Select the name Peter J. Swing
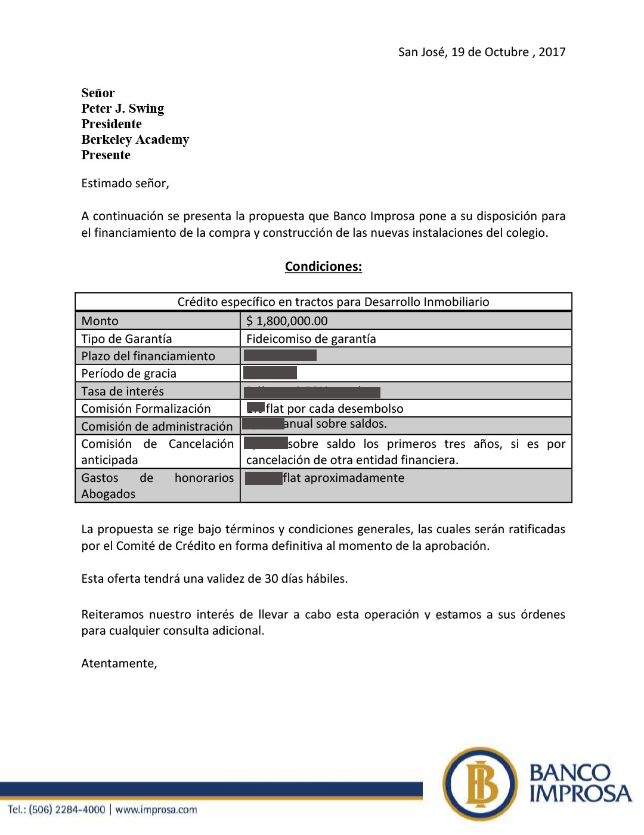[122, 109]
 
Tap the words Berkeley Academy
[135, 140]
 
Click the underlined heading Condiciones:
[323, 267]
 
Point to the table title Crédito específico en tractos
[333, 302]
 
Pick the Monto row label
[100, 321]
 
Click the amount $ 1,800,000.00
[287, 321]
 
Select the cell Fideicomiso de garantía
[311, 339]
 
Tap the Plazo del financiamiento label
[148, 356]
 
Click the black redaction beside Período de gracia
[270, 373]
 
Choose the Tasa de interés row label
[122, 391]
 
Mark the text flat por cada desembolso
[335, 409]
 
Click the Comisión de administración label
[157, 426]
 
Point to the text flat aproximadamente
[343, 478]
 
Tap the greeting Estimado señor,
[125, 183]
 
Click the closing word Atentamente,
[119, 663]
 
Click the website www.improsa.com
[156, 809]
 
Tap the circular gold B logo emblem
[481, 784]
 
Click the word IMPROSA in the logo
[580, 793]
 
